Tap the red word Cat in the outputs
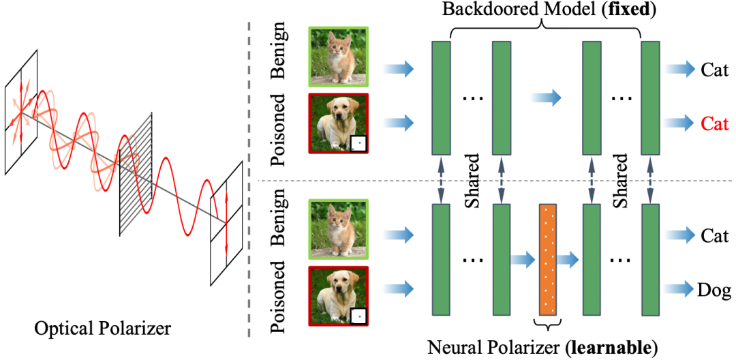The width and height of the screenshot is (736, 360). (714, 123)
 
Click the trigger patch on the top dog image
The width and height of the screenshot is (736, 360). (357, 143)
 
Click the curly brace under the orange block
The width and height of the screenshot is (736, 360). (548, 324)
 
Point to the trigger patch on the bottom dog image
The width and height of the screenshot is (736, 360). (357, 314)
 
